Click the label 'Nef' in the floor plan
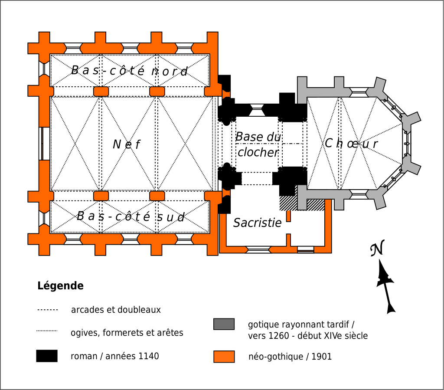click(126, 144)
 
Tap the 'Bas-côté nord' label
click(130, 71)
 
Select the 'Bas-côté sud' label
click(131, 216)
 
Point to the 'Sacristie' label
click(257, 223)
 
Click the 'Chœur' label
click(351, 144)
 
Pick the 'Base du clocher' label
click(258, 145)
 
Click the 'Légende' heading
click(60, 286)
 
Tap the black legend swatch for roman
click(47, 356)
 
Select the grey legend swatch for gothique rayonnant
click(224, 324)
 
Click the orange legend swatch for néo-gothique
click(224, 357)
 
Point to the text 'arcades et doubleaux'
click(116, 310)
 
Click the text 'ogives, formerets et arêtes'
click(127, 333)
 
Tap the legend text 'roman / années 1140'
click(114, 356)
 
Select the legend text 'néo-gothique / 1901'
click(290, 357)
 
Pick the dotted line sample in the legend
click(47, 331)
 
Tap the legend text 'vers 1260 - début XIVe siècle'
click(308, 336)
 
